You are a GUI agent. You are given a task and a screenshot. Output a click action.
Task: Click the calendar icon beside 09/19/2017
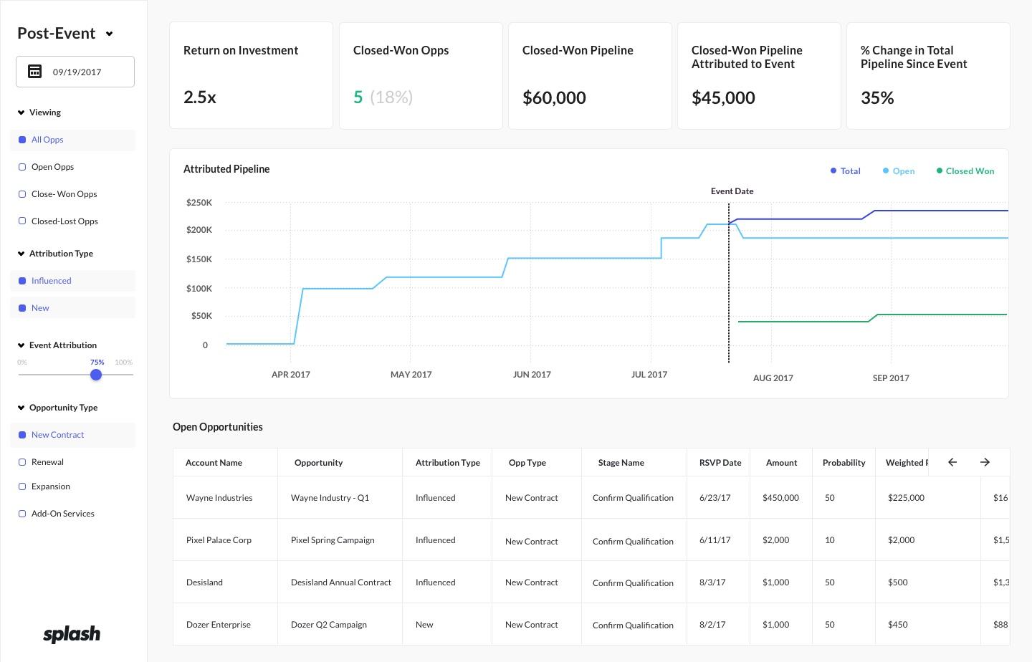[x=34, y=72]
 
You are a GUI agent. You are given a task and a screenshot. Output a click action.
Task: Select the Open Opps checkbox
[x=22, y=167]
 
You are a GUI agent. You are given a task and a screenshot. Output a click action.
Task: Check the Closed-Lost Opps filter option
[x=22, y=221]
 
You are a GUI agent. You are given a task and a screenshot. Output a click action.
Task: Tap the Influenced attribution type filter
[x=51, y=281]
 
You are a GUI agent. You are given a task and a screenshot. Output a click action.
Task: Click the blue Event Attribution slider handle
[x=96, y=375]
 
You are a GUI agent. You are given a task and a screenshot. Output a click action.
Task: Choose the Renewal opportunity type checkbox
[x=22, y=462]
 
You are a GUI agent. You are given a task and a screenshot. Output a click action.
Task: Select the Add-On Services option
[x=22, y=514]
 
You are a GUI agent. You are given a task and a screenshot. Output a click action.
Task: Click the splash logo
[x=72, y=634]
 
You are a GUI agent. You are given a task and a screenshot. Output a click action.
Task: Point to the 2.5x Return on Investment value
[x=200, y=97]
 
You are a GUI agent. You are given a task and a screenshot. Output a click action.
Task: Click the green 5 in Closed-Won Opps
[x=358, y=97]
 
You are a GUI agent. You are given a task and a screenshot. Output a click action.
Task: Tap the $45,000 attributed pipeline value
[x=723, y=97]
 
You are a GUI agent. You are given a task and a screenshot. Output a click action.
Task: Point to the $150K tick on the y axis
[x=199, y=259]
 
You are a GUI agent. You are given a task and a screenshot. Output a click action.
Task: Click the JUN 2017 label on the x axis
[x=532, y=375]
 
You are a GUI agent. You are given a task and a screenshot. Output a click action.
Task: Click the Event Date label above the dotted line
[x=732, y=191]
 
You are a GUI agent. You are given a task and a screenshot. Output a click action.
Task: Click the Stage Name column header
[x=621, y=463]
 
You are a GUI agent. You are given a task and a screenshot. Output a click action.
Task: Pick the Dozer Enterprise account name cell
[x=219, y=625]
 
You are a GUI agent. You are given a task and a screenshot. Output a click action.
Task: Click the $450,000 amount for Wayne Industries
[x=780, y=498]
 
